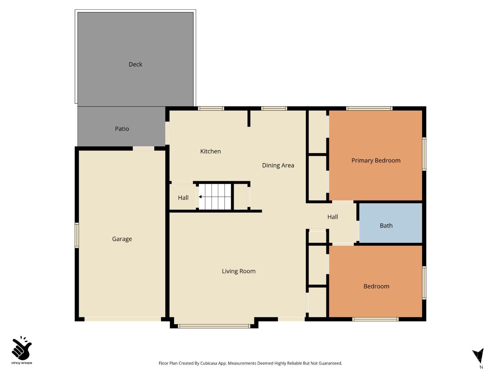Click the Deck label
coord(135,64)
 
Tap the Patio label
coord(122,129)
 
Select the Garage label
coord(122,239)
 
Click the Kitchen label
coord(210,151)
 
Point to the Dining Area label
coord(278,165)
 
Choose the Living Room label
coord(238,271)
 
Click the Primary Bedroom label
coord(376,160)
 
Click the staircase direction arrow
coord(200,197)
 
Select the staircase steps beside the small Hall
coord(215,197)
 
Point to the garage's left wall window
coord(77,236)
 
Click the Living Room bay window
coord(214,326)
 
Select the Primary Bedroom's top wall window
coord(369,108)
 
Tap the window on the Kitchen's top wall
coord(211,108)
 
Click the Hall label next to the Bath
coord(332,217)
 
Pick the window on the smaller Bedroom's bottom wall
coord(376,319)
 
